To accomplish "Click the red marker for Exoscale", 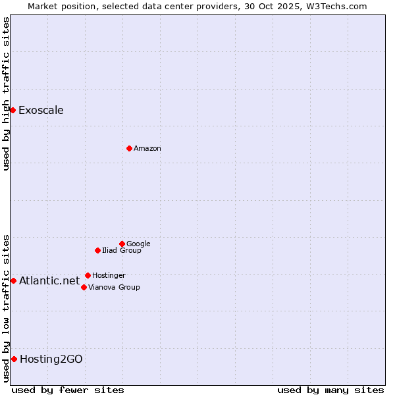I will point(13,110).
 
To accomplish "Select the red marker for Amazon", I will point(129,148).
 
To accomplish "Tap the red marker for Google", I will point(122,244).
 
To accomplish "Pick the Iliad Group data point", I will point(97,250).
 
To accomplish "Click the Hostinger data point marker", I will point(88,275).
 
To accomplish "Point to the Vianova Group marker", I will point(84,287).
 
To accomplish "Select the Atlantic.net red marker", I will point(13,281).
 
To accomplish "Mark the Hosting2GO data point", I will point(14,359).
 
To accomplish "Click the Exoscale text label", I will point(41,110).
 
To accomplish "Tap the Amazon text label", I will point(147,148).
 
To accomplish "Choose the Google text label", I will point(138,244).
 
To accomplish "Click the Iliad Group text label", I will point(122,250).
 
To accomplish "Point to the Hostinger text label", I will point(109,275).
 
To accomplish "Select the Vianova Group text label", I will point(114,287).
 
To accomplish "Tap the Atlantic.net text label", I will point(49,281).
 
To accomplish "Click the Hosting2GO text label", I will point(51,359).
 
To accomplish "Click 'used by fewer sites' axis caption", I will point(68,390).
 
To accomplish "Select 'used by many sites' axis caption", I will point(330,390).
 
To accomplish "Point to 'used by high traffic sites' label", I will point(7,94).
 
